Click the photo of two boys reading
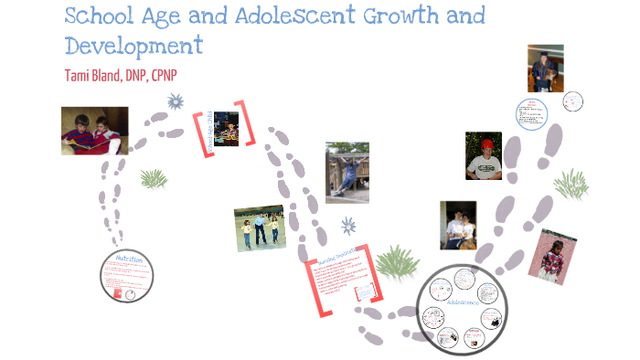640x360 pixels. point(94,131)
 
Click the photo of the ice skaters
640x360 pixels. point(260,228)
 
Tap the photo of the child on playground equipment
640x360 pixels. point(347,172)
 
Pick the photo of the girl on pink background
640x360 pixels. point(553,257)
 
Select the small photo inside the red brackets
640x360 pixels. point(226,129)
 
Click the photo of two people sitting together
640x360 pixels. point(458,226)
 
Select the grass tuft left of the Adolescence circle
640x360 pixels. point(396,261)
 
